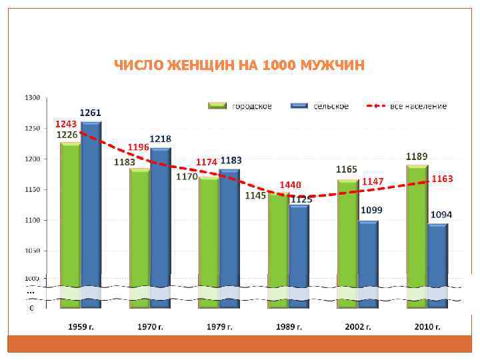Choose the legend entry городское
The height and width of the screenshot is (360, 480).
(251, 106)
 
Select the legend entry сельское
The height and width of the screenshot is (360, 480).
(331, 106)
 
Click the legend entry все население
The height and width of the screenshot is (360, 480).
(419, 106)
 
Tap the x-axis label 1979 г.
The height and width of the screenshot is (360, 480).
(219, 327)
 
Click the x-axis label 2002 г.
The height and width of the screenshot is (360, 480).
(358, 327)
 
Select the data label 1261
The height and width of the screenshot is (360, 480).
(91, 112)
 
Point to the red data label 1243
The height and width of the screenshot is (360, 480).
(65, 124)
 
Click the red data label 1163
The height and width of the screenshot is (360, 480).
(442, 179)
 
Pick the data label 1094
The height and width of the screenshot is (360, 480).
(441, 215)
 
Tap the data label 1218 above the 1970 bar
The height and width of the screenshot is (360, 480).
(160, 139)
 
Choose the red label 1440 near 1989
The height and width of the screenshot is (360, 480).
(290, 184)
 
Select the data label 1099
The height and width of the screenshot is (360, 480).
(371, 209)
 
